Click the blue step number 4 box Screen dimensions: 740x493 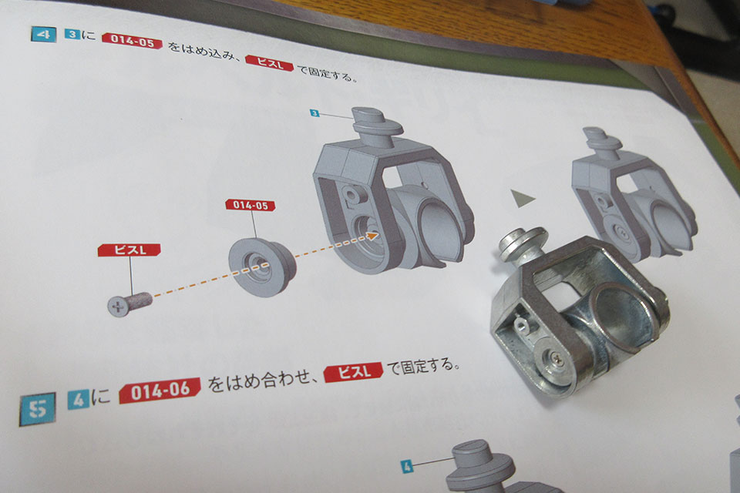[43, 35]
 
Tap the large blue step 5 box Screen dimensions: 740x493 [37, 408]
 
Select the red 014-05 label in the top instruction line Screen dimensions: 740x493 [132, 41]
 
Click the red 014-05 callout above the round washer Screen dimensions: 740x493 [250, 205]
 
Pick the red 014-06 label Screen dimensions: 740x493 [160, 390]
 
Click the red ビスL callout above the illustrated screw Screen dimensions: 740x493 [129, 250]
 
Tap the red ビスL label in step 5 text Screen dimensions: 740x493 [354, 372]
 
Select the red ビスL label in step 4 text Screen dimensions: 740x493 [270, 63]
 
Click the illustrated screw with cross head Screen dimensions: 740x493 [129, 304]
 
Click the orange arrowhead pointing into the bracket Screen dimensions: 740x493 [373, 234]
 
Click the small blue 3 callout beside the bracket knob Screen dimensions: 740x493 [314, 112]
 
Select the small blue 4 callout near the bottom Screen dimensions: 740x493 [407, 467]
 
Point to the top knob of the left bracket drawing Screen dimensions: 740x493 [377, 121]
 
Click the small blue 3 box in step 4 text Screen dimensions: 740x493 [72, 35]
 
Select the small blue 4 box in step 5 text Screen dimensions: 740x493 [79, 400]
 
